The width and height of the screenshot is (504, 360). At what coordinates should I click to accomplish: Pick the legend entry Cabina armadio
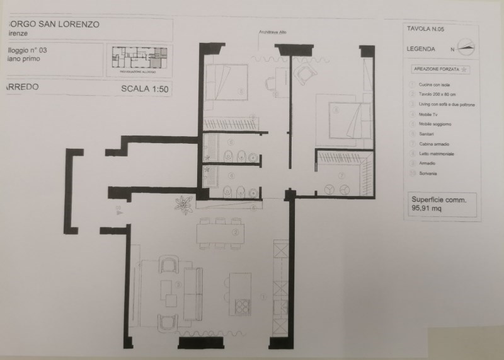click(431, 144)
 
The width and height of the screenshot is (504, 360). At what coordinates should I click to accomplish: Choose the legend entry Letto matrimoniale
click(434, 154)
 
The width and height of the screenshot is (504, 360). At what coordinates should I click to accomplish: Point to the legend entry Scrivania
click(426, 173)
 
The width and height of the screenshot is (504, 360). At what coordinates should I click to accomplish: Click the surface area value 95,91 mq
click(425, 205)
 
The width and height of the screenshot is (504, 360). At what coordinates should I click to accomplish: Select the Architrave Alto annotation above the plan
click(272, 32)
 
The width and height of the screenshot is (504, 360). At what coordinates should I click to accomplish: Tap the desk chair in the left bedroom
click(271, 82)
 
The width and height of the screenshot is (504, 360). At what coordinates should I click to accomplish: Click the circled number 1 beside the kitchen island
click(263, 296)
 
